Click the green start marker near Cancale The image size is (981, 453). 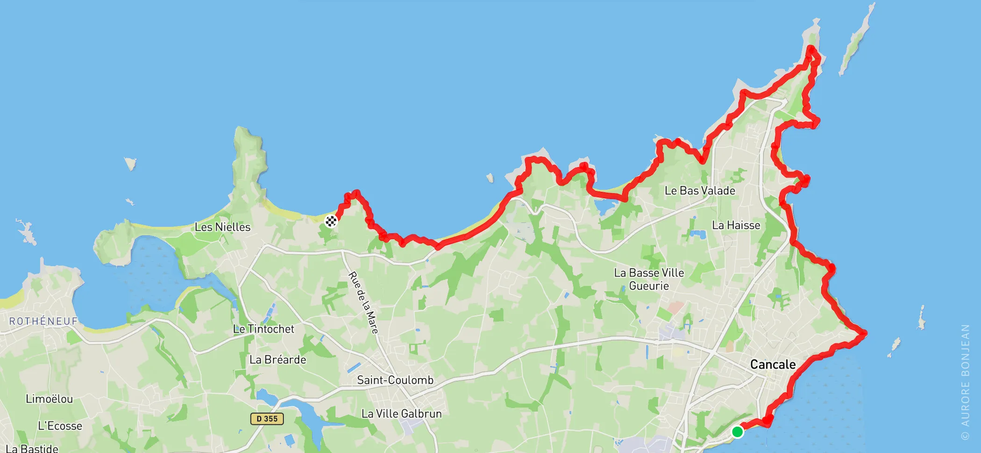point(737,432)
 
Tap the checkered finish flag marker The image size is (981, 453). point(331,221)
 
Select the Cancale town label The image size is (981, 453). point(773,364)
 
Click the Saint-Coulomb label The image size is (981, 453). point(395,380)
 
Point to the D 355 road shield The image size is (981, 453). point(267,418)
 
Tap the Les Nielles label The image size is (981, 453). point(222,227)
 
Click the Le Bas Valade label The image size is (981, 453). point(700,191)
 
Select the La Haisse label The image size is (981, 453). point(736,225)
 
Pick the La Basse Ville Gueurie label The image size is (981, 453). point(649,279)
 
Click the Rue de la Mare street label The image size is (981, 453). point(363,302)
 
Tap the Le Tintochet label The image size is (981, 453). point(263,329)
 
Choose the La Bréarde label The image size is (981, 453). point(277,360)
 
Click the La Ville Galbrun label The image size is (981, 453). point(401,413)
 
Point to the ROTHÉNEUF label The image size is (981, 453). point(43,321)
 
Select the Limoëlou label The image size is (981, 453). point(49,399)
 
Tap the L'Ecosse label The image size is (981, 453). point(60,426)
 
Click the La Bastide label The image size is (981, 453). point(32,448)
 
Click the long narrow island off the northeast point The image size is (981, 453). point(856,39)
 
